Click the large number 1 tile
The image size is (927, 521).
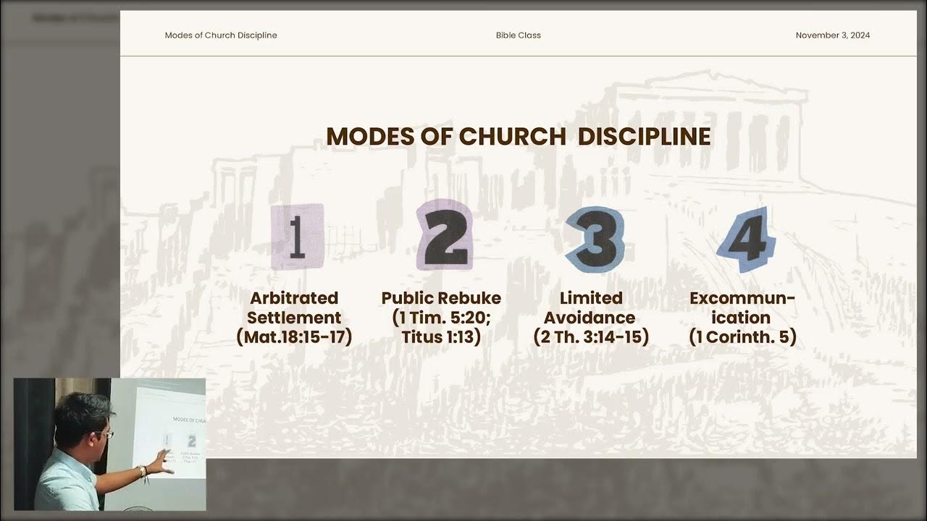pos(296,237)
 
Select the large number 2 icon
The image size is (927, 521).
pos(444,235)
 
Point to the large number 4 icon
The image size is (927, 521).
pos(745,239)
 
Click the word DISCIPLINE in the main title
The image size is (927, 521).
pos(644,137)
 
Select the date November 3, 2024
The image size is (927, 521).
pos(832,35)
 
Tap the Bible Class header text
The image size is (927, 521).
pos(518,35)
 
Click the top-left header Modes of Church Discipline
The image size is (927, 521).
pos(221,35)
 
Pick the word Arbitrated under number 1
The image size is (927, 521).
pos(294,298)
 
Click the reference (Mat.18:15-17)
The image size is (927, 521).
pos(294,337)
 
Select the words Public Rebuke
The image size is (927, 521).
pos(441,298)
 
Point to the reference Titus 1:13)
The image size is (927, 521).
pos(441,337)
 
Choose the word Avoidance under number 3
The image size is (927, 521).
pos(590,318)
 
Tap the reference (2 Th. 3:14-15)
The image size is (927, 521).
pos(591,337)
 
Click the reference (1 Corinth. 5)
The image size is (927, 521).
pos(742,337)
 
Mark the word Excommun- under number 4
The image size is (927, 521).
pos(742,298)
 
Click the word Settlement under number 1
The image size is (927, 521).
pos(294,318)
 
